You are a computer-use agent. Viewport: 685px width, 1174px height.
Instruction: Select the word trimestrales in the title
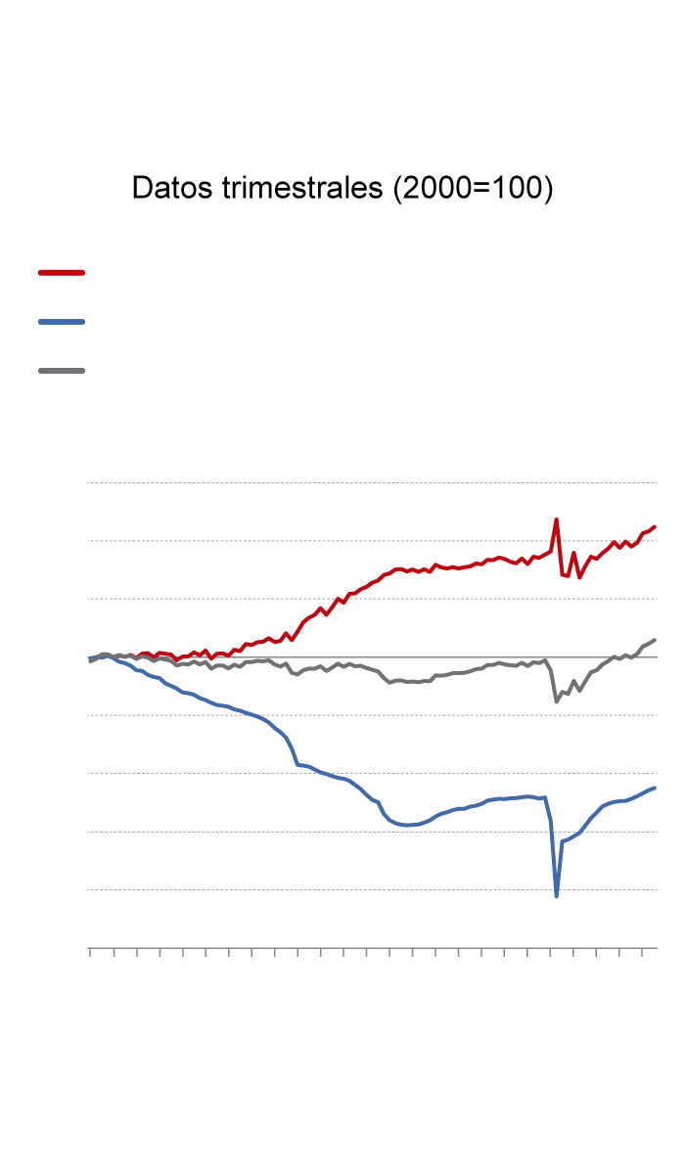tap(302, 189)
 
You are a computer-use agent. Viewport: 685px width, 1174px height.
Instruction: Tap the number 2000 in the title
tap(431, 189)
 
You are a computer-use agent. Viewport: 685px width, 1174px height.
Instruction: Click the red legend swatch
tap(62, 272)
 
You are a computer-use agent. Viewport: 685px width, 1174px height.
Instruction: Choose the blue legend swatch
tap(62, 321)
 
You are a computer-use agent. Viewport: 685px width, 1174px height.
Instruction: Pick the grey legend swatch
tap(62, 371)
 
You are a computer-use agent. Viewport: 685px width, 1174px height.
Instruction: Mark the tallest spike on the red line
tap(556, 519)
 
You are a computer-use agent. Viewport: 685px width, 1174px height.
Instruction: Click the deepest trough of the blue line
tap(557, 896)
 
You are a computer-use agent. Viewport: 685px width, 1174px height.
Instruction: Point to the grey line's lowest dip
tap(556, 701)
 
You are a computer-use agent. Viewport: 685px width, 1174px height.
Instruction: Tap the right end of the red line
tap(655, 526)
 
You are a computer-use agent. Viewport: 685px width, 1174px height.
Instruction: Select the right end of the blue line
tap(655, 788)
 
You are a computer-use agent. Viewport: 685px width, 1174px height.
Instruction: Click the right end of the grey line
tap(655, 640)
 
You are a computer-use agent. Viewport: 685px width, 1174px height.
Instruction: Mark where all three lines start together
tap(89, 659)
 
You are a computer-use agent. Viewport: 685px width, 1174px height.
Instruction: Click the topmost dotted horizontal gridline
tap(372, 482)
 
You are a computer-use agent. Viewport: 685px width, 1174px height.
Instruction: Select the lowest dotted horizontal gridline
tap(372, 889)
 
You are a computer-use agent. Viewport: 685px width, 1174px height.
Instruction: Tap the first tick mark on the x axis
tap(90, 951)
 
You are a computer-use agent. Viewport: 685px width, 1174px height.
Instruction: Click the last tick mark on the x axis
tap(643, 951)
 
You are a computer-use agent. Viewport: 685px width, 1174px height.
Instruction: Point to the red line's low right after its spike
tap(579, 577)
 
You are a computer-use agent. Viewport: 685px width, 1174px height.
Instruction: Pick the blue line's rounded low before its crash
tap(409, 827)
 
